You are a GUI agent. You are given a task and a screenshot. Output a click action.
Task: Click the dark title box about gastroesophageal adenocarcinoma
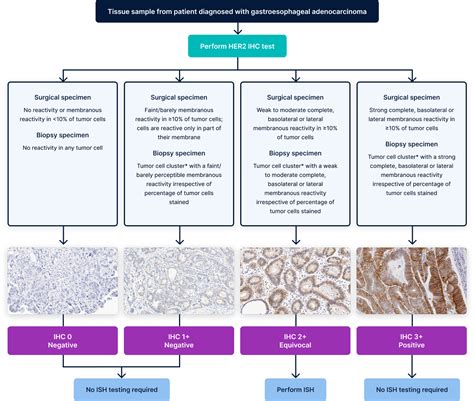click(x=236, y=11)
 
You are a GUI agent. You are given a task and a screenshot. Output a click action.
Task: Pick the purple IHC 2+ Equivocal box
click(x=295, y=340)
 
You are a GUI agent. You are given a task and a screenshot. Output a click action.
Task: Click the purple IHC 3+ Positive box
click(x=412, y=340)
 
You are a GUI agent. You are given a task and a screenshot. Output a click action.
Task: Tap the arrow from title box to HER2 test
click(x=236, y=28)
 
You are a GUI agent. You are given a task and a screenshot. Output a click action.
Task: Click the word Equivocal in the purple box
click(x=295, y=346)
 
